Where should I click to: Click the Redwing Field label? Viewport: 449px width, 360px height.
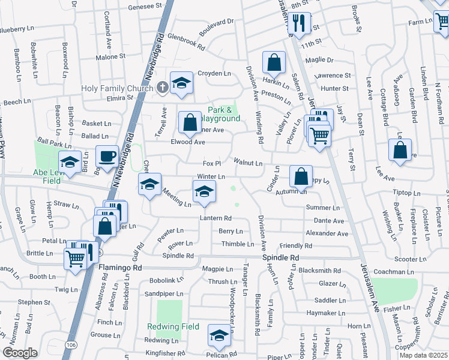tap(169, 327)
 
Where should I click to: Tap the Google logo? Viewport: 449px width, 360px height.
tap(20, 353)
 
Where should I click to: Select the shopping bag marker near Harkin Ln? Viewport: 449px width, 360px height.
tap(274, 62)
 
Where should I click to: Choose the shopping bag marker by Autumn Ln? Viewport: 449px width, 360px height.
tap(301, 176)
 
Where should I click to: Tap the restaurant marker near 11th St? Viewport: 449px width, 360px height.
tap(298, 23)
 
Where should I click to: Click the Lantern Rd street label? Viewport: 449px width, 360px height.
tap(215, 218)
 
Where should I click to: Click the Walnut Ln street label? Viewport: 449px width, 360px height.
tap(249, 163)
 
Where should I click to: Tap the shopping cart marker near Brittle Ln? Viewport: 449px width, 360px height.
tap(76, 258)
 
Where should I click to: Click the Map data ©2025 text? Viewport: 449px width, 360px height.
tap(423, 355)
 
